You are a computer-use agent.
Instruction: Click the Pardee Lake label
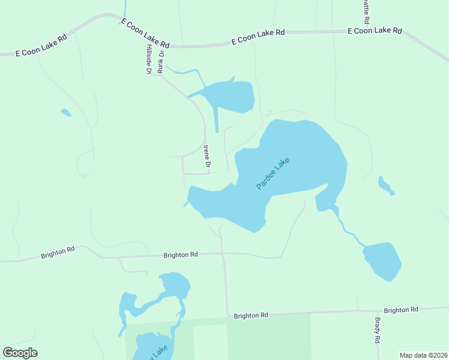(x=273, y=173)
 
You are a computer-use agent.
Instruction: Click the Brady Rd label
(x=378, y=330)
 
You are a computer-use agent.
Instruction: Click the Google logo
(x=20, y=353)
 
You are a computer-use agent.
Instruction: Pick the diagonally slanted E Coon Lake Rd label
(x=145, y=33)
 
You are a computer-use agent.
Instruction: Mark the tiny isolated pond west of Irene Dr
(x=65, y=112)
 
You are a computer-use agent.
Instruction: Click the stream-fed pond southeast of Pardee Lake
(x=382, y=260)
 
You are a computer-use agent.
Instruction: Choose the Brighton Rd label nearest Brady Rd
(x=401, y=310)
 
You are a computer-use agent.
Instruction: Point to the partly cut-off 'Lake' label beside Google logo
(x=159, y=350)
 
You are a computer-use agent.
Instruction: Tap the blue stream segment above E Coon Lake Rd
(x=125, y=8)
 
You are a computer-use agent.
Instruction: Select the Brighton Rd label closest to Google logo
(x=58, y=252)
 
